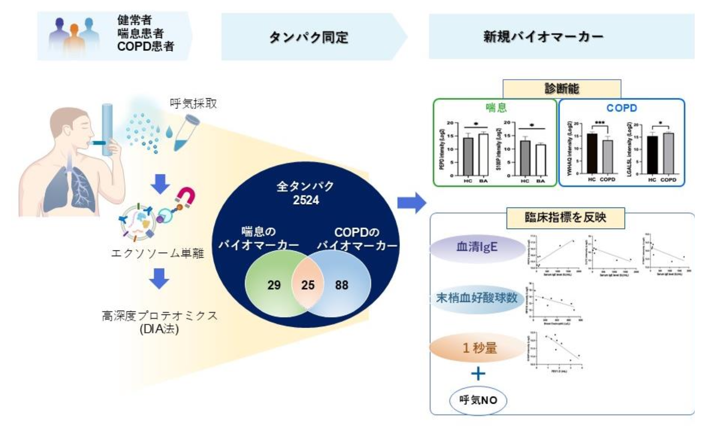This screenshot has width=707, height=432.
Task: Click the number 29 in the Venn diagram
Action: pos(274,285)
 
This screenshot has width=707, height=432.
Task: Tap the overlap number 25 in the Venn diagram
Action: pos(308,285)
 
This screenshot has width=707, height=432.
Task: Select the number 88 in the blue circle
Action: pos(341,285)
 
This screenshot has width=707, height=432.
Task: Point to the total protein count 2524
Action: pos(306,200)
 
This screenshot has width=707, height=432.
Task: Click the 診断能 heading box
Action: pos(562,89)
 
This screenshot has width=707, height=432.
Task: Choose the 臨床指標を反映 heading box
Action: pos(565,217)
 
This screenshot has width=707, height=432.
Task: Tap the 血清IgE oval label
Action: pos(477,247)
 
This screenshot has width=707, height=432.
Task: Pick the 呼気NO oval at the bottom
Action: pos(478,400)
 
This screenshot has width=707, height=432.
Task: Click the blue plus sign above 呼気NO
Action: pos(478,373)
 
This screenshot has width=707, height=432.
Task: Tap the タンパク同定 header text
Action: pos(308,37)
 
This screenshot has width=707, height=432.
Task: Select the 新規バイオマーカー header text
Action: pos(543,37)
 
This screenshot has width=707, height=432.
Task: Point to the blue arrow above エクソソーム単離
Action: pos(160,184)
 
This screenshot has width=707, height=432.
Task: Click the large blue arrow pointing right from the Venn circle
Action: pos(411,203)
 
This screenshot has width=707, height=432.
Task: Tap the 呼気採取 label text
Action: pos(193,103)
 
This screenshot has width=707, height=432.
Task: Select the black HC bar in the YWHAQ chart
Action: pos(592,153)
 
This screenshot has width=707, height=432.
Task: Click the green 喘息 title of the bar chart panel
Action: pos(496,108)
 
